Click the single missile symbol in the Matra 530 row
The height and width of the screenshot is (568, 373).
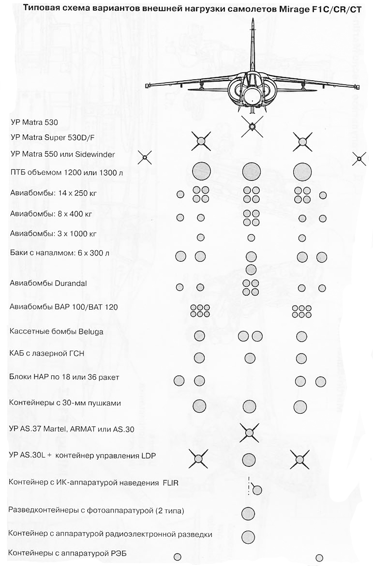[x=251, y=126]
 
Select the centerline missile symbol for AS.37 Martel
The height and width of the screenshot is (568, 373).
[x=249, y=433]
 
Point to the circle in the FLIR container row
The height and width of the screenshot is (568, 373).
[x=257, y=490]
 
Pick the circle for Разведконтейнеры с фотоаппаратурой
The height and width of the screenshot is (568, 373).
[x=248, y=513]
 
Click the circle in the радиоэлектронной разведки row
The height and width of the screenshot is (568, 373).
[x=248, y=536]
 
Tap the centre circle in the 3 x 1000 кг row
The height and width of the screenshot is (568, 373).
[x=251, y=238]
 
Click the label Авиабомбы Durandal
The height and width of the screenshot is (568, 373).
[x=48, y=283]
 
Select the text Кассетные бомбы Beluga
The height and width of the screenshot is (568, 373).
[x=56, y=332]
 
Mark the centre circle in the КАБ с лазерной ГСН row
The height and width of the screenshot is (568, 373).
[x=250, y=358]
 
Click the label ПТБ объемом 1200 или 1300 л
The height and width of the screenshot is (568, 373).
[x=66, y=173]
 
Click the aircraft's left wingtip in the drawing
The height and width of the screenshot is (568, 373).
[x=147, y=85]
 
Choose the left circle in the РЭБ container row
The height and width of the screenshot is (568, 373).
[x=177, y=556]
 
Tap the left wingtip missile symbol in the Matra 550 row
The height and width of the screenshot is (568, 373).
[x=145, y=158]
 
